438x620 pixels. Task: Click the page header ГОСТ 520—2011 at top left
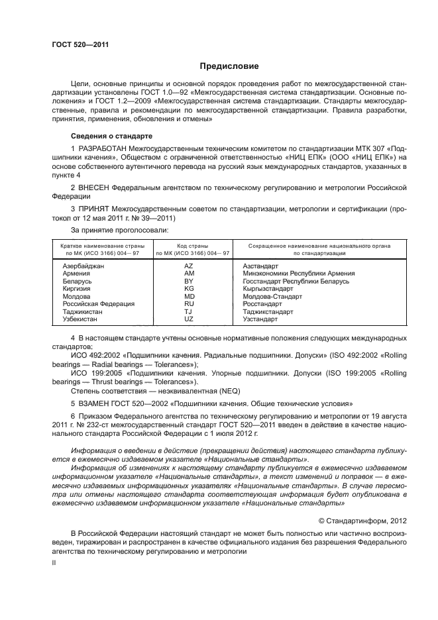[80, 45]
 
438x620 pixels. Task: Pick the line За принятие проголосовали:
[110, 231]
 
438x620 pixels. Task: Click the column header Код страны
[192, 246]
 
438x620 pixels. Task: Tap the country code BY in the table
[188, 282]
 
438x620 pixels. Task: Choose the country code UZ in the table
[189, 319]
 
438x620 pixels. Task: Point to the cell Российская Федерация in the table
[98, 304]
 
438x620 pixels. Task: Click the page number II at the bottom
[54, 562]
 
